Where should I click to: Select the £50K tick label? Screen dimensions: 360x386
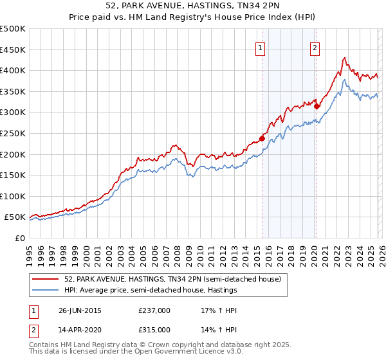point(14,217)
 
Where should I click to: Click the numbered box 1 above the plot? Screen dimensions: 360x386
point(261,47)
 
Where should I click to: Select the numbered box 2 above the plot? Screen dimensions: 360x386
point(315,47)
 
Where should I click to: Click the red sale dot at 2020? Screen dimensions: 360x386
point(317,106)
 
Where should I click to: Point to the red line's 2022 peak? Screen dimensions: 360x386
point(345,58)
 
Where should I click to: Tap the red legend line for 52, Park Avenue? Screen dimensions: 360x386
point(46,280)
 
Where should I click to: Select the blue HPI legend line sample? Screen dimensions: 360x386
point(46,290)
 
